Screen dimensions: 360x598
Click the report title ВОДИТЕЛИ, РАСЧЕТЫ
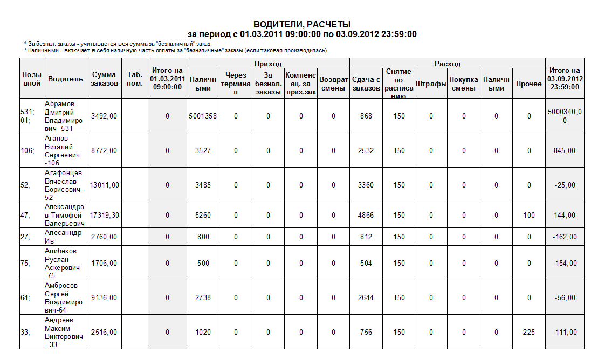302,24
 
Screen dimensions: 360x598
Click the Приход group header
268,64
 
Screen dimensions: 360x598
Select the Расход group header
447,64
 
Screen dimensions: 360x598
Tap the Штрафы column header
431,84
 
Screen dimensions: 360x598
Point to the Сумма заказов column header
104,79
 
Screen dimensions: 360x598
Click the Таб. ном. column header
134,79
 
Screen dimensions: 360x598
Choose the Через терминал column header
236,84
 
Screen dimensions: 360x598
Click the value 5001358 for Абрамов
203,116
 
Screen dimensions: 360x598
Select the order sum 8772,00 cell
104,151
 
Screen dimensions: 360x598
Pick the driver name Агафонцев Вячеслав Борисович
64,185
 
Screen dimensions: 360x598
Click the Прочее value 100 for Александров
529,215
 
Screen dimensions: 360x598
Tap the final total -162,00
565,237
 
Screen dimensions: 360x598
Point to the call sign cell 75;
25,264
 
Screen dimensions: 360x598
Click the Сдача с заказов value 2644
366,297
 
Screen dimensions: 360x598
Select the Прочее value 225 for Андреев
529,333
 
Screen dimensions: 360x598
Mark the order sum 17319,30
104,215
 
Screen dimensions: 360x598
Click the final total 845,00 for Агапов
565,151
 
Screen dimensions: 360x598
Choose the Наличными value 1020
203,333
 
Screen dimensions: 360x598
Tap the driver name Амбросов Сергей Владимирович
64,297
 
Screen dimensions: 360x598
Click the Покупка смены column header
464,84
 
